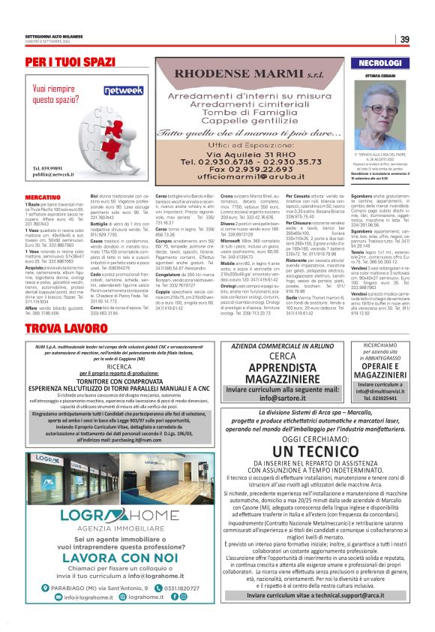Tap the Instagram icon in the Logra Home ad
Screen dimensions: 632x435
(184, 597)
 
